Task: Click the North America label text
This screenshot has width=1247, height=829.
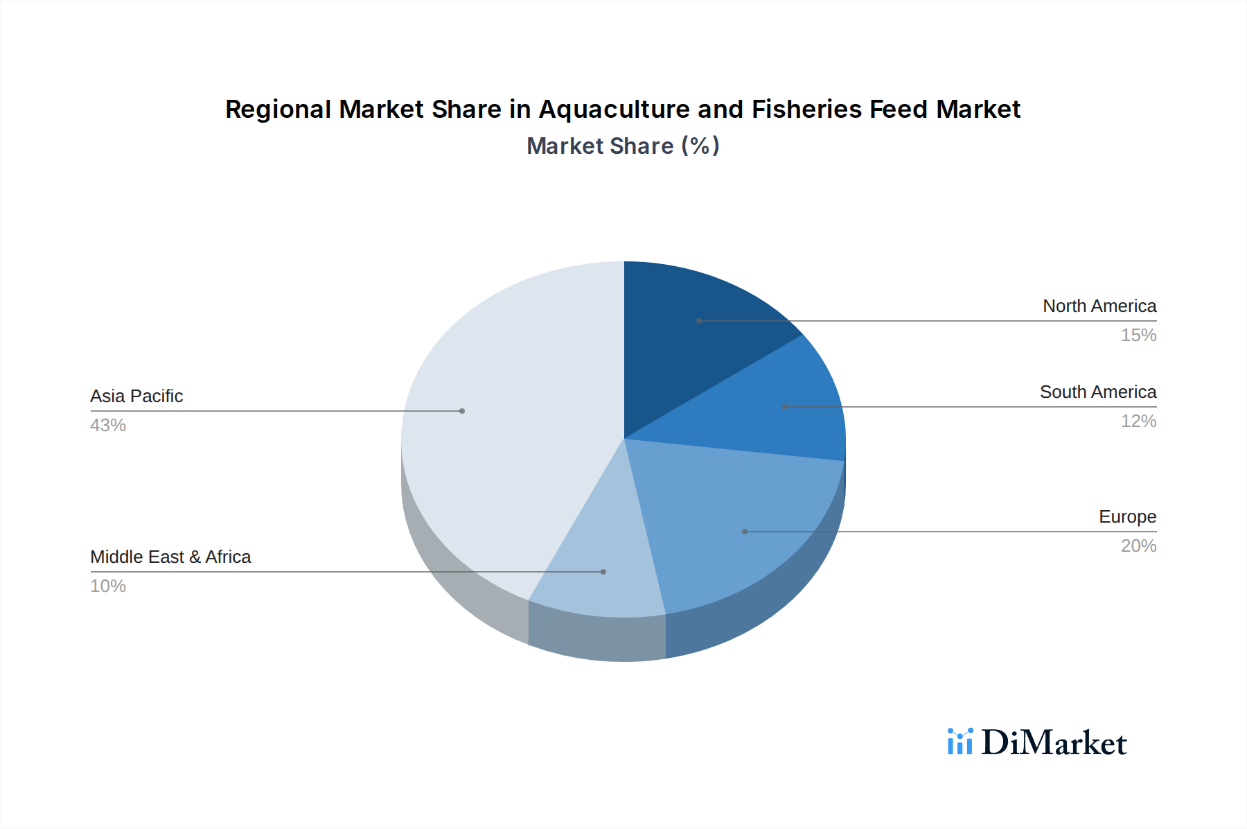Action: [1099, 306]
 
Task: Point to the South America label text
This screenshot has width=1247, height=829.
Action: [1098, 392]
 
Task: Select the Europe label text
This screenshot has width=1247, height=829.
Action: [1127, 516]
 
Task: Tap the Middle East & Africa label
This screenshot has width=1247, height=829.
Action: [170, 557]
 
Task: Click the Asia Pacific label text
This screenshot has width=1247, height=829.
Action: [136, 396]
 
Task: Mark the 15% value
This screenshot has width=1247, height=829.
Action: [1138, 335]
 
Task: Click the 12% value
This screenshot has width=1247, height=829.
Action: [1138, 421]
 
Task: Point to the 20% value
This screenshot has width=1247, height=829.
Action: [1138, 546]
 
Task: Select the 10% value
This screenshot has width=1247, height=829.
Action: [108, 586]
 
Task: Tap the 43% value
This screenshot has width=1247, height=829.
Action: [108, 425]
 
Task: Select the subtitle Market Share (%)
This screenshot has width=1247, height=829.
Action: [623, 146]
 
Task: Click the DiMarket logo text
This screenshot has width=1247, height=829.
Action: [1054, 743]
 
